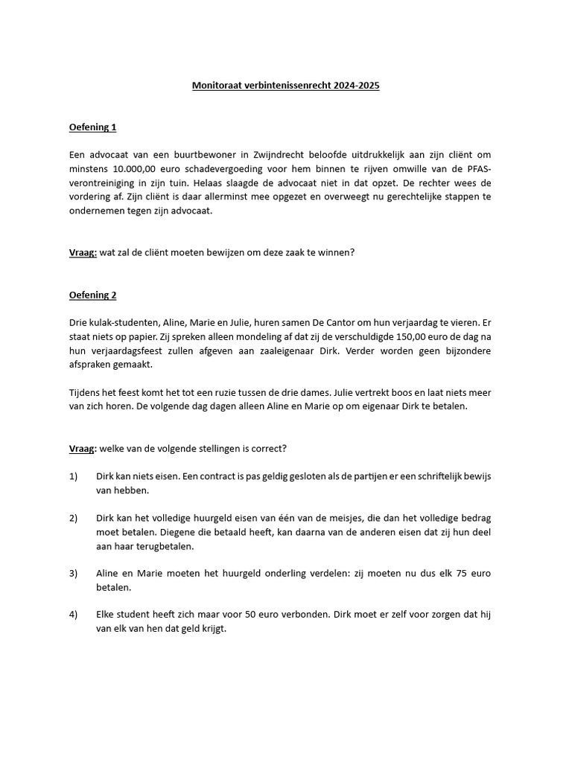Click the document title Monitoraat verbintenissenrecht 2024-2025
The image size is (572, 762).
click(x=285, y=86)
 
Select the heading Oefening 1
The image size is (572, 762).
click(x=92, y=127)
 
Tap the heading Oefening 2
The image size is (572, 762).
click(x=92, y=295)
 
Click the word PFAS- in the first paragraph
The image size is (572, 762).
click(x=474, y=169)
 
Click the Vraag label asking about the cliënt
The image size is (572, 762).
click(x=83, y=253)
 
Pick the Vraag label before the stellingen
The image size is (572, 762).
click(x=83, y=449)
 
